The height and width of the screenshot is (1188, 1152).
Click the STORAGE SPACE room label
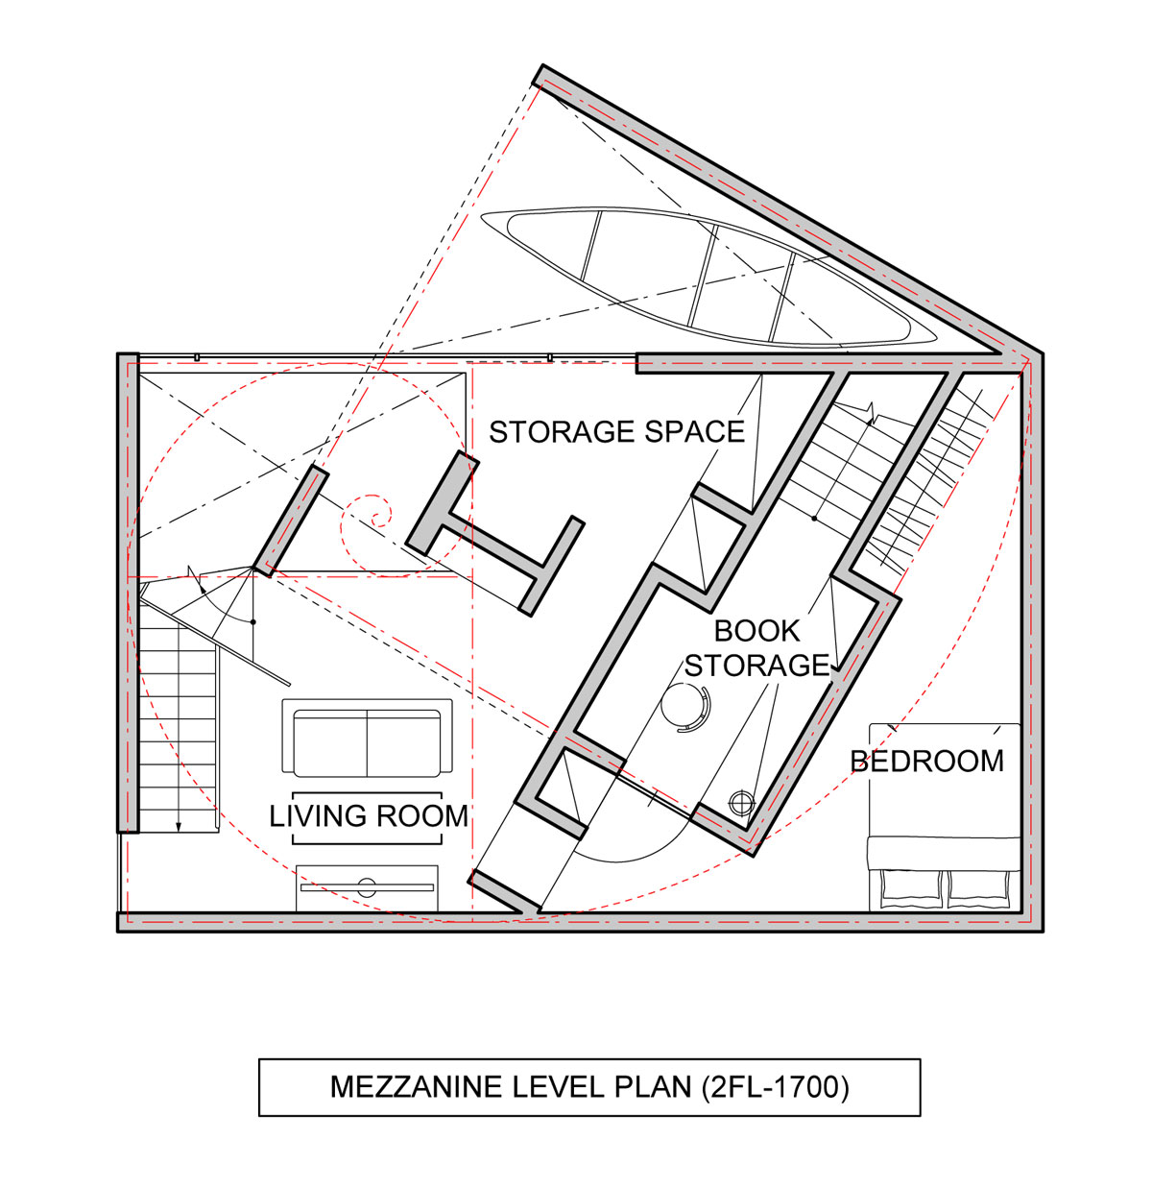pyautogui.click(x=616, y=432)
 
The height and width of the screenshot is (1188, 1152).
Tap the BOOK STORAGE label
pyautogui.click(x=756, y=647)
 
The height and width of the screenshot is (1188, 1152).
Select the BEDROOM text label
pyautogui.click(x=926, y=762)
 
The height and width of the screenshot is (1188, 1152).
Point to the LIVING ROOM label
pyautogui.click(x=369, y=816)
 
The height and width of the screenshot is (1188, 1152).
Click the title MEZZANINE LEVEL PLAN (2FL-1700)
pyautogui.click(x=588, y=1086)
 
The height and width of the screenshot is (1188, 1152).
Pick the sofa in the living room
pyautogui.click(x=367, y=739)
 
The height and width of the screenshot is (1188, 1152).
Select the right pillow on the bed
pyautogui.click(x=978, y=890)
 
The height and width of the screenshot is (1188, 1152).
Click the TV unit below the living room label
pyautogui.click(x=367, y=888)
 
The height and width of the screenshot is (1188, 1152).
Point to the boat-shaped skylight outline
pyautogui.click(x=708, y=277)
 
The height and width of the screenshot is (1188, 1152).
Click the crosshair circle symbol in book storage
pyautogui.click(x=742, y=804)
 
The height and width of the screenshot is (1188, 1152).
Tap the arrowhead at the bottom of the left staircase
pyautogui.click(x=179, y=827)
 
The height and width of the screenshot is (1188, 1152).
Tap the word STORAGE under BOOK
pyautogui.click(x=756, y=666)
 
